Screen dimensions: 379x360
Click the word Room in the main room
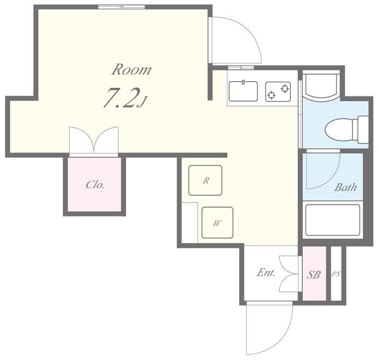point(131,69)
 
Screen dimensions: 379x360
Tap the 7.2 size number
point(122,98)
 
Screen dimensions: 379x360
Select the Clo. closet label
point(95,185)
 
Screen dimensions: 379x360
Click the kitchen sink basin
point(243,91)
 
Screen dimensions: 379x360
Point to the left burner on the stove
point(271,95)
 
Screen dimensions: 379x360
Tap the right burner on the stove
point(285,89)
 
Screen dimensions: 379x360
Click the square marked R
point(205,180)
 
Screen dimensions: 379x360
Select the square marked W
point(217,222)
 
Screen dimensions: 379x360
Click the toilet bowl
point(339,129)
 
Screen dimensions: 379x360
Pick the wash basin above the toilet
point(322,87)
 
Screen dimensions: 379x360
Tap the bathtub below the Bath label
point(333,220)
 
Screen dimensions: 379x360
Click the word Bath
point(346,187)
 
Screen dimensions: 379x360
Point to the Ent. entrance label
point(266,273)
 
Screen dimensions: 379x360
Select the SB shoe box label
point(314,275)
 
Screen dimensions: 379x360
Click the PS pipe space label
point(336,274)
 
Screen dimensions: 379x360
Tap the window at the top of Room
point(122,7)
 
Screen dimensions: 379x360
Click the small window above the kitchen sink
point(241,67)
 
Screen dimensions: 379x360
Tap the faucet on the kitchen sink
point(244,82)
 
